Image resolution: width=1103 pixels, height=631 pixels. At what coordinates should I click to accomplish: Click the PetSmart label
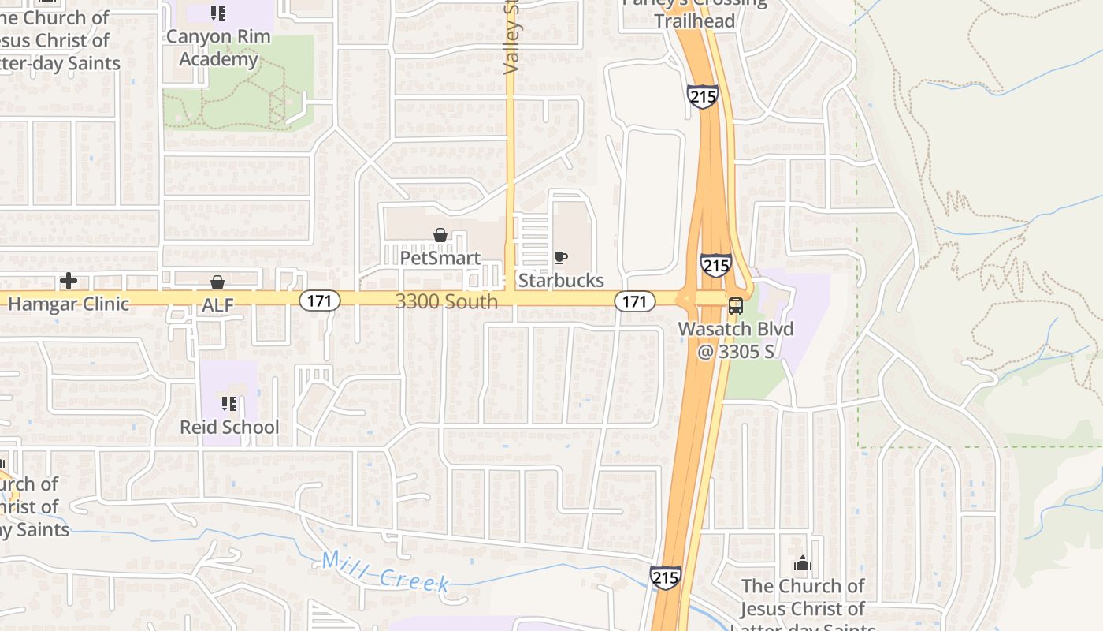tap(440, 258)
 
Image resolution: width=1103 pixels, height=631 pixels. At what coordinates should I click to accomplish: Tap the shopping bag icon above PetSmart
tap(440, 235)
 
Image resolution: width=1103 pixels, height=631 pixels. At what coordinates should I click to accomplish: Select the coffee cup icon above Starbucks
tap(560, 257)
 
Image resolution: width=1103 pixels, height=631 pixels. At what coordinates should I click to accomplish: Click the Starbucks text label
tap(560, 280)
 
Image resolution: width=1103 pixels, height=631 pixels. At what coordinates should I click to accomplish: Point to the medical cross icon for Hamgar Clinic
tap(69, 281)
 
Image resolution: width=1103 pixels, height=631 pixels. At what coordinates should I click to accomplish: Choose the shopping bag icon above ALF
tap(217, 282)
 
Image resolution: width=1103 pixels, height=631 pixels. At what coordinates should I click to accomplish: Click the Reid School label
tap(229, 427)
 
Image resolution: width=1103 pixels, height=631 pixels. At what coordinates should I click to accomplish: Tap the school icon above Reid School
tap(229, 404)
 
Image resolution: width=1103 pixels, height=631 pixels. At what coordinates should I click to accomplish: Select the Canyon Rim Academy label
tap(218, 47)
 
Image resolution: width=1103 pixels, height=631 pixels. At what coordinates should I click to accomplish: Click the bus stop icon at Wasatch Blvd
tap(736, 306)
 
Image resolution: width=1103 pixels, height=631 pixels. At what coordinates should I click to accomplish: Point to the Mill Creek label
tap(385, 572)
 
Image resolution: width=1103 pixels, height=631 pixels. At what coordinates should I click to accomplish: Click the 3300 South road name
tap(446, 301)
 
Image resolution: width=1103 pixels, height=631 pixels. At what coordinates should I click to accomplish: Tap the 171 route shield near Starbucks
tap(634, 301)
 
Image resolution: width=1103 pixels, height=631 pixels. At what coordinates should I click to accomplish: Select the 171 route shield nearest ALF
tap(319, 300)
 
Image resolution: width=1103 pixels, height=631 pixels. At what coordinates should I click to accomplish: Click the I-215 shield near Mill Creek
tap(666, 577)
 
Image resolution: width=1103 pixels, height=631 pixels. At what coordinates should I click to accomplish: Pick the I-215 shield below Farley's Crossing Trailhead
tap(702, 96)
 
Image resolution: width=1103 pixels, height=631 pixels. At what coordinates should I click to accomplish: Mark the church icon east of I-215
tap(803, 563)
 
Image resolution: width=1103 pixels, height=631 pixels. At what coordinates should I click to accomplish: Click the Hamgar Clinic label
tap(68, 304)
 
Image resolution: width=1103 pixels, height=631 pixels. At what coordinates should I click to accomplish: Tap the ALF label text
tap(217, 305)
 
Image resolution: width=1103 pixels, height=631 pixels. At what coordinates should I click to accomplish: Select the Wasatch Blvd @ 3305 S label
tap(736, 340)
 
